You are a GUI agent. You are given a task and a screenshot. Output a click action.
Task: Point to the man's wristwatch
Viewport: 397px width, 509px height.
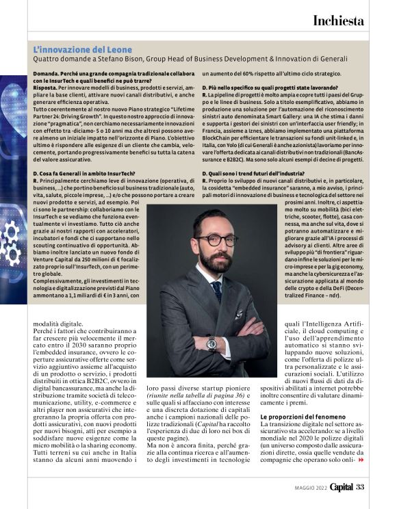pos(212,343)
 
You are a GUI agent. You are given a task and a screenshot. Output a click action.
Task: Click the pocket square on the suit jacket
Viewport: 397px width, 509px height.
pos(239,314)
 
